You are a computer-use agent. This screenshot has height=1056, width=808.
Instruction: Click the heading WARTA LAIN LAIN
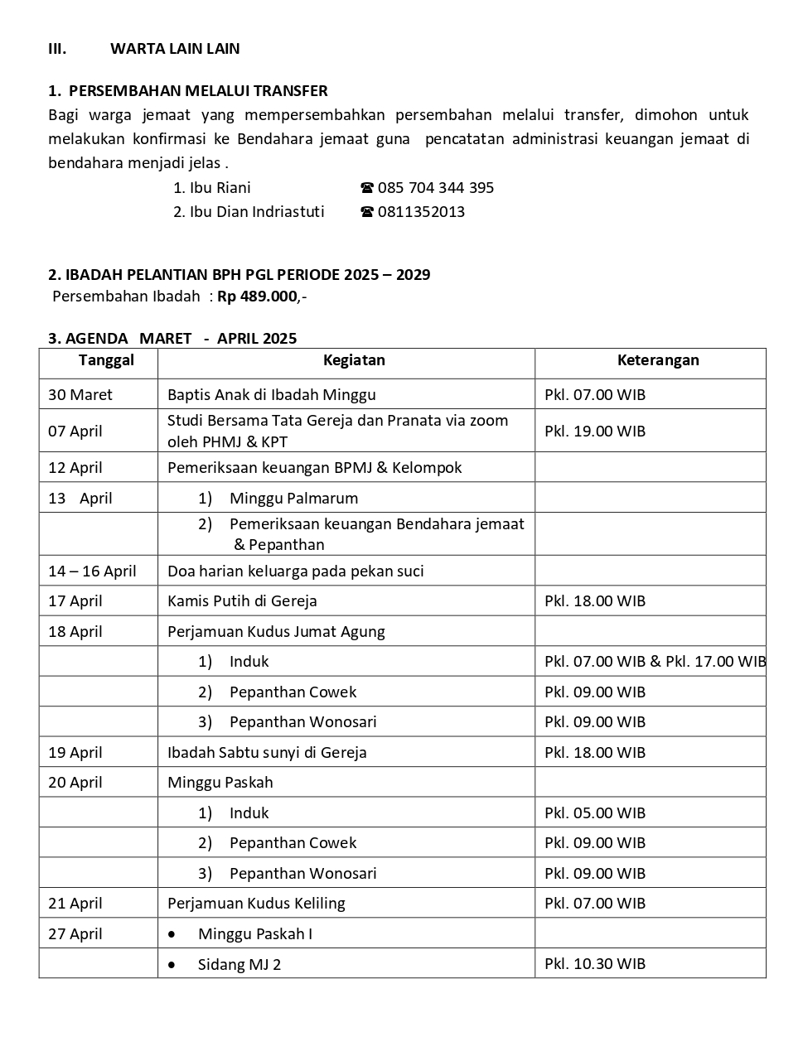pos(175,49)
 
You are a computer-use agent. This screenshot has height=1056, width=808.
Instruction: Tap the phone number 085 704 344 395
pos(436,188)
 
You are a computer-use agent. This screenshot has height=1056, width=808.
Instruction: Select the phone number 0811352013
pos(421,212)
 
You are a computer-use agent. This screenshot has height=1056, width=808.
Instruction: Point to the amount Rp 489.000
pos(258,297)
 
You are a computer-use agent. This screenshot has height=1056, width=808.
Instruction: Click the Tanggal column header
pos(106,360)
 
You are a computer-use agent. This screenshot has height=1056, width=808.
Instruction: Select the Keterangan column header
pos(658,360)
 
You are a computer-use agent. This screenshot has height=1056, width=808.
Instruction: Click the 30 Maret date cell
pos(80,395)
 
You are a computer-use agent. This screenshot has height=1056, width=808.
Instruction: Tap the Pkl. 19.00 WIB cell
pos(595,431)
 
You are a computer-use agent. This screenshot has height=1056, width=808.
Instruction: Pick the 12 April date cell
pos(75,468)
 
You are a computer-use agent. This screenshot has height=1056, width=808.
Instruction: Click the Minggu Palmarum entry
pos(293,499)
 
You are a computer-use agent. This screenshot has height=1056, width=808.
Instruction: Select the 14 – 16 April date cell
pos(92,571)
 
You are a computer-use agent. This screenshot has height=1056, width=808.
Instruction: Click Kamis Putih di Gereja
pos(242,601)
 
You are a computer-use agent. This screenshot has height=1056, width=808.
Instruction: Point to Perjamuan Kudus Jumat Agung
pos(276,632)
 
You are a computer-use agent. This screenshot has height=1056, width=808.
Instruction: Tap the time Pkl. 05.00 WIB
pos(595,813)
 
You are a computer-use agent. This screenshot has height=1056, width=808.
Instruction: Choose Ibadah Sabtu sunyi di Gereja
pos(267,753)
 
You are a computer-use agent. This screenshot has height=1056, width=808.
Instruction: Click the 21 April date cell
pos(75,904)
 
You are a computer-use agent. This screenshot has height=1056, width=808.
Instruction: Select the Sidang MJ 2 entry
pos(239,965)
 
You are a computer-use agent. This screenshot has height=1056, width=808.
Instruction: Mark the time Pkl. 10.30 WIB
pos(595,964)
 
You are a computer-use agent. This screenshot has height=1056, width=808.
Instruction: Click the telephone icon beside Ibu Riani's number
pos(367,188)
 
